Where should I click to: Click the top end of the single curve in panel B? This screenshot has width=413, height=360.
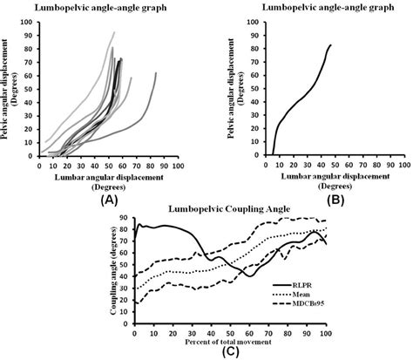click(x=331, y=44)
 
